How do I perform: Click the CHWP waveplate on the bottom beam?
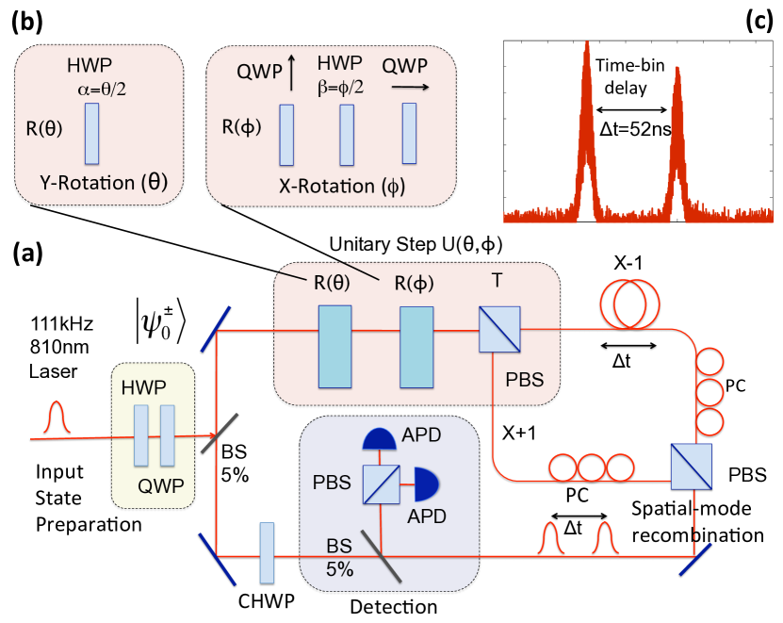click(x=268, y=553)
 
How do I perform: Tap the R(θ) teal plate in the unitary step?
click(x=335, y=347)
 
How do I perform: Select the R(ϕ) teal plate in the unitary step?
click(x=416, y=347)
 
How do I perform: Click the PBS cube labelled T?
click(x=499, y=329)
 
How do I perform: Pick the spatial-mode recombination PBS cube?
click(x=691, y=467)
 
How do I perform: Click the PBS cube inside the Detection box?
click(x=381, y=484)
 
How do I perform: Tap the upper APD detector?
click(x=380, y=438)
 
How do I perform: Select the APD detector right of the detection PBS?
click(x=427, y=484)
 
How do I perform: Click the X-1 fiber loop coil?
click(x=629, y=303)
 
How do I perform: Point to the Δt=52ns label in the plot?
click(x=635, y=129)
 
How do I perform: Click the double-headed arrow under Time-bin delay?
click(x=631, y=110)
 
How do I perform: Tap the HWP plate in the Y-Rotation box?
click(x=92, y=134)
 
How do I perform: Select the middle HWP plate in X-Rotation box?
click(x=347, y=135)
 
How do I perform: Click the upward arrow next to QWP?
click(x=292, y=73)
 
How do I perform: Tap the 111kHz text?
click(x=62, y=324)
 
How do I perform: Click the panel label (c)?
click(x=759, y=22)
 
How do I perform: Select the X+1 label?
click(x=519, y=433)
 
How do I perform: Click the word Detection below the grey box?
click(x=394, y=607)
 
